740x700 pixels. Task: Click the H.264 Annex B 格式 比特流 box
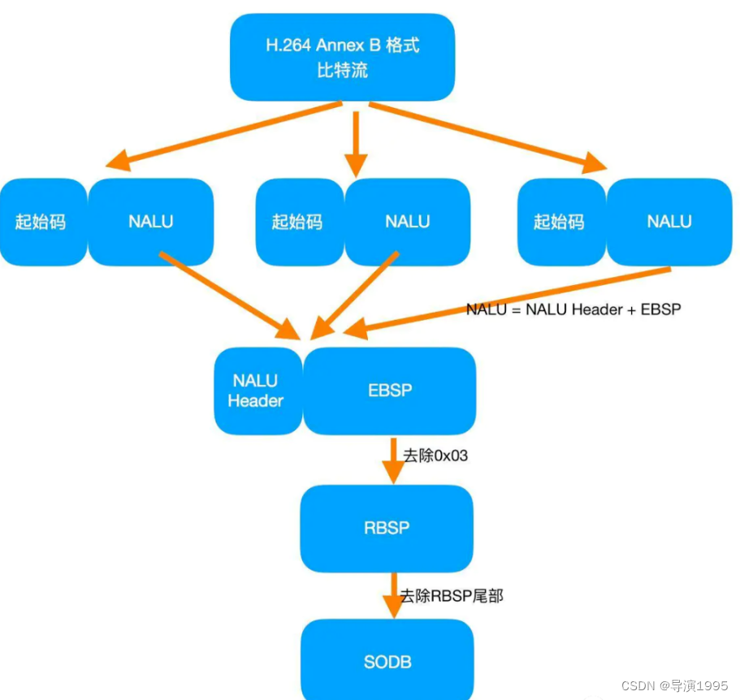click(342, 58)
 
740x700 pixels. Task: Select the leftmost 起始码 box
click(41, 222)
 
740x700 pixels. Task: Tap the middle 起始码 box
click(298, 222)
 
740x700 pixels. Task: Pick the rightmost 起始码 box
click(560, 222)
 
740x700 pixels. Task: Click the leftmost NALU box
click(151, 222)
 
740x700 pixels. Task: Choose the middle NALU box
click(408, 222)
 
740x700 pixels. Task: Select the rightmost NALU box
click(669, 222)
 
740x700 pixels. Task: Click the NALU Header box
click(257, 391)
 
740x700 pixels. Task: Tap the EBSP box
click(390, 391)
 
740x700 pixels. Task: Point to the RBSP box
click(387, 528)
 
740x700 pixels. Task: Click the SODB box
click(387, 662)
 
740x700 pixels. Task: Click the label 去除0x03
click(435, 456)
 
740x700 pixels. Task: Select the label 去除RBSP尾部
click(452, 596)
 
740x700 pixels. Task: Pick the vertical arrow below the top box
click(354, 142)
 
